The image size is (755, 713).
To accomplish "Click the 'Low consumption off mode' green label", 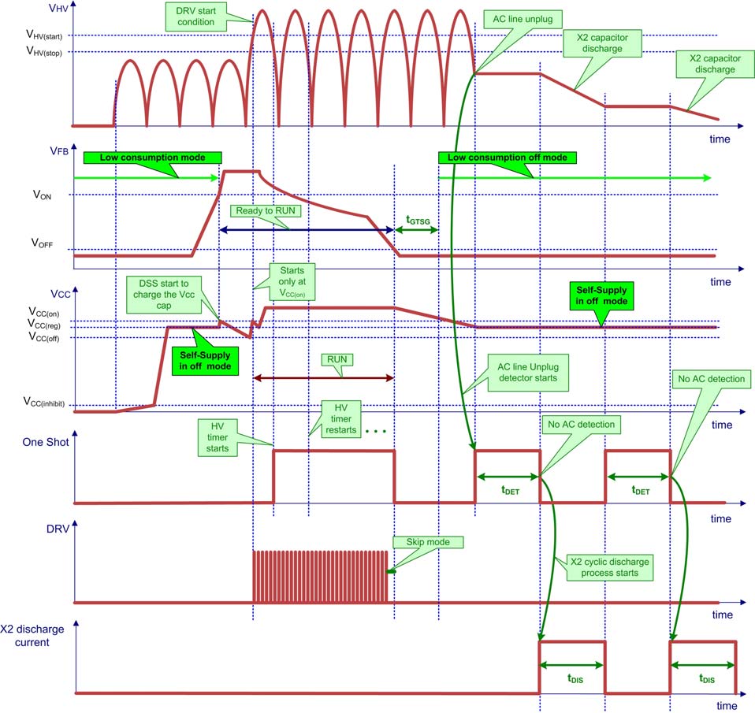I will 507,158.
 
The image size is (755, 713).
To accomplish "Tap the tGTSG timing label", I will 417,220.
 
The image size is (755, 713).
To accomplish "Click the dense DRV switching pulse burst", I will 320,577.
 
